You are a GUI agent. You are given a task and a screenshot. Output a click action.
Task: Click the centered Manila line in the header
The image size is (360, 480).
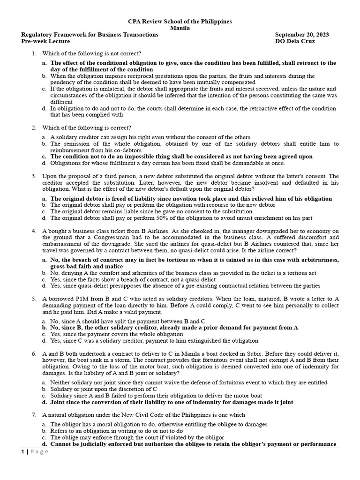[180, 28]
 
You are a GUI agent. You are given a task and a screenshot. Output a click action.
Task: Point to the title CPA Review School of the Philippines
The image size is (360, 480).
[180, 22]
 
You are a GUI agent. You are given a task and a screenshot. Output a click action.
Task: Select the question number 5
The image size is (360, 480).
[34, 298]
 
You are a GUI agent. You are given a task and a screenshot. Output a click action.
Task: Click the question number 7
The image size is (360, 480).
[34, 415]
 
